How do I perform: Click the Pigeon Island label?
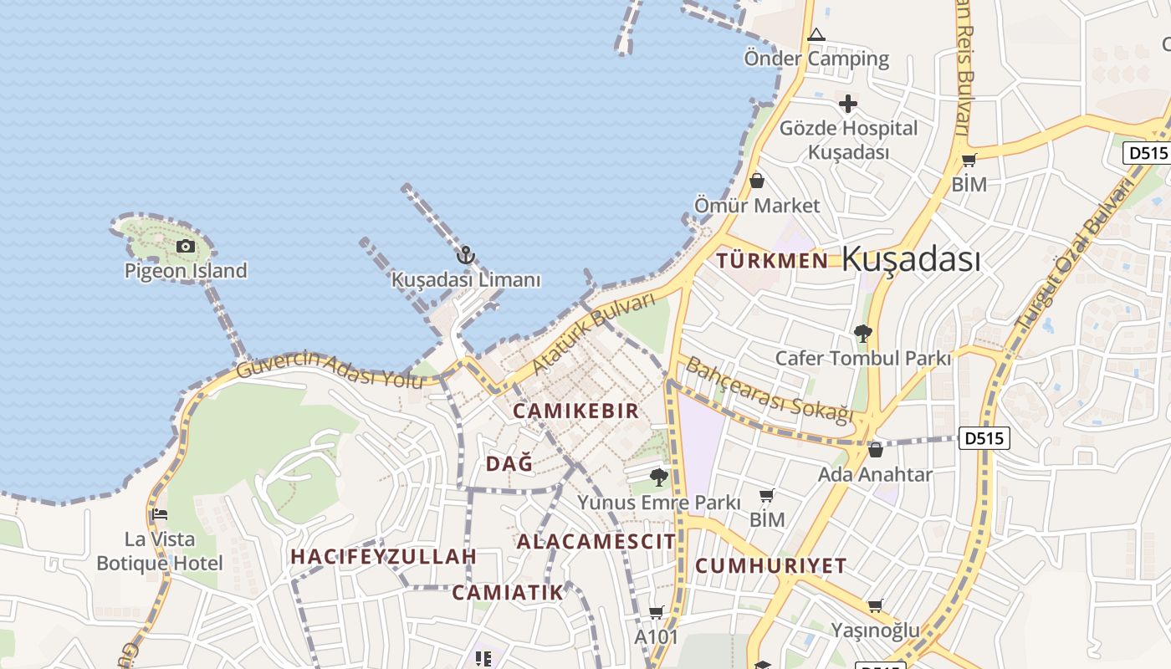point(186,270)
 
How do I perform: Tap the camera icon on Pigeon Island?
point(186,246)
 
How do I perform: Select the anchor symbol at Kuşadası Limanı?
point(466,255)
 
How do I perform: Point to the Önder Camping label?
point(816,59)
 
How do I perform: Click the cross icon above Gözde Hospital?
point(848,105)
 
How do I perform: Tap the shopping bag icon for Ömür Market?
point(757,181)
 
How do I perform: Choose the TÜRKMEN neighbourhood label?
point(772,260)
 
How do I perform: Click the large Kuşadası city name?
point(911,258)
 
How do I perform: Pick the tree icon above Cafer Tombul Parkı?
point(862,334)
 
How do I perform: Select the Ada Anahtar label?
point(875,474)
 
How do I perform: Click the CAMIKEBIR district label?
point(575,411)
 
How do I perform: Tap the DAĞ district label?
point(509,463)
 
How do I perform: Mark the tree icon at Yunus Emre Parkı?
point(659,477)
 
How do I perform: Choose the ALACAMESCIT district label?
point(596,541)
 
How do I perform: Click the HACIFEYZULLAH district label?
point(383,556)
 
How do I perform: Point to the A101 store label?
point(657,636)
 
